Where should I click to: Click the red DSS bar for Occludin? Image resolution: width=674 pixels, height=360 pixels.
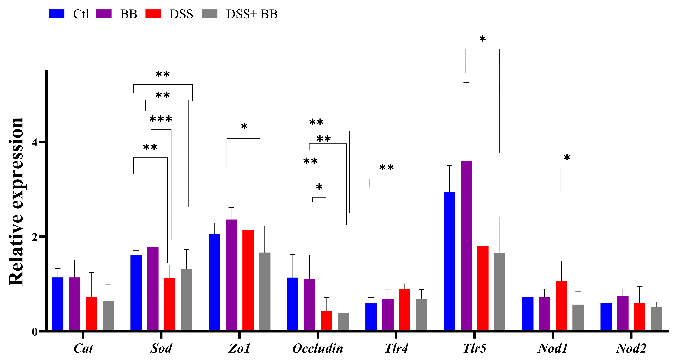pos(326,320)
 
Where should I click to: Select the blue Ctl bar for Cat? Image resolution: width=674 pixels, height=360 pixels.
pos(58,303)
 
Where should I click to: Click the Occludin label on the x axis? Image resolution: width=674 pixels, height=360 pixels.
pos(318,348)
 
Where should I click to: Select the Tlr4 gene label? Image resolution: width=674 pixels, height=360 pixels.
pos(396,348)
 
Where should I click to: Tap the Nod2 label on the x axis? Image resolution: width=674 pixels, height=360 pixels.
pos(631,348)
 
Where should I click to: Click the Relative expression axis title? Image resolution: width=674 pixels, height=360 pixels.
pos(16,201)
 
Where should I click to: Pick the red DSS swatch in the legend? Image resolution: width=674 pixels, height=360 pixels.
pos(153,14)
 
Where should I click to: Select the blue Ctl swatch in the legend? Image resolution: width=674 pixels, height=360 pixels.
pos(57,14)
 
